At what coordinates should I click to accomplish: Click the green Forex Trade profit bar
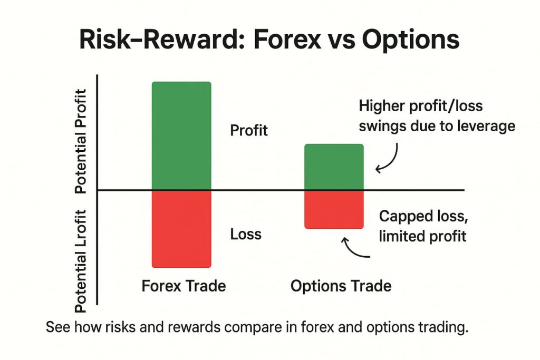click(181, 135)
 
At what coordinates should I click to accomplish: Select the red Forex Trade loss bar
click(181, 228)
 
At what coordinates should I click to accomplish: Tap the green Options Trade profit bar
click(334, 167)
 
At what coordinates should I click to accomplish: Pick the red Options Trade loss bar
click(334, 209)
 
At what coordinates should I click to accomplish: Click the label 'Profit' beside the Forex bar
click(249, 130)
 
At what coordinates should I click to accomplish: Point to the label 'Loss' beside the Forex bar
click(246, 233)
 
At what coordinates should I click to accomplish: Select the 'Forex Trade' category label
click(184, 286)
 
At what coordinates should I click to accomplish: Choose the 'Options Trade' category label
click(341, 286)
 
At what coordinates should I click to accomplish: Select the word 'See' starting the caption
click(56, 327)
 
